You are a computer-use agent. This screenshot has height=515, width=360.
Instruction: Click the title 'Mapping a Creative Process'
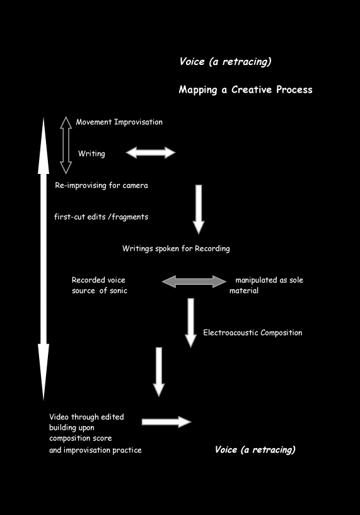click(x=245, y=90)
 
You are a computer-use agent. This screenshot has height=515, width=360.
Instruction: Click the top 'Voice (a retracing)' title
click(x=225, y=61)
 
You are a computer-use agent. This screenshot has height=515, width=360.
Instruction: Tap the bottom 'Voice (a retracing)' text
click(x=255, y=449)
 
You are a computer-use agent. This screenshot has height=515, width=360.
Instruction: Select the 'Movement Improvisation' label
click(x=119, y=122)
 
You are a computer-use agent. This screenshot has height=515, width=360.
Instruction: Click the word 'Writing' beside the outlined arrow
click(x=91, y=154)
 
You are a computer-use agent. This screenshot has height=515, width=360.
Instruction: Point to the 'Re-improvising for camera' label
click(x=102, y=185)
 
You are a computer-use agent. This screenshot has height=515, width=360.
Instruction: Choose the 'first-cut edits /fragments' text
click(x=101, y=217)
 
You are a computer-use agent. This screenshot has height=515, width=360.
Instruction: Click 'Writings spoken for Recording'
click(x=176, y=248)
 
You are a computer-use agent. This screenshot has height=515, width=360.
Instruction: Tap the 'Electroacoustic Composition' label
click(x=253, y=333)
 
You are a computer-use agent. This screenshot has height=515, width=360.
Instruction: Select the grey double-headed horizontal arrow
click(x=194, y=282)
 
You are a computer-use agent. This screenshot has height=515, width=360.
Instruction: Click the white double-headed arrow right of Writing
click(x=151, y=153)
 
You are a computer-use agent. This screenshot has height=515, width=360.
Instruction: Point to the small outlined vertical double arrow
click(x=66, y=145)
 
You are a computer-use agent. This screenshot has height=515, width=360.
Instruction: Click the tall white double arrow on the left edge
click(x=44, y=259)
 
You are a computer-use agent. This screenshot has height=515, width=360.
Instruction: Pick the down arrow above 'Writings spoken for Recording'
click(x=199, y=209)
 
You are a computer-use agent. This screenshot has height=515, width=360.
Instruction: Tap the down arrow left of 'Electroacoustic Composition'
click(x=190, y=323)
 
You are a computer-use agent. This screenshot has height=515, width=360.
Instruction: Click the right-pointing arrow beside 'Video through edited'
click(x=166, y=422)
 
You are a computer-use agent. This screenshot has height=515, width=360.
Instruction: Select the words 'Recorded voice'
click(x=98, y=280)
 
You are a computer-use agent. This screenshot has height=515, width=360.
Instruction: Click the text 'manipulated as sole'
click(x=269, y=280)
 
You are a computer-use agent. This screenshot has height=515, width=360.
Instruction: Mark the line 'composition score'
click(x=81, y=439)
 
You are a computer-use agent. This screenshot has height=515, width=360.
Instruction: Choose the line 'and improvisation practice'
click(x=95, y=450)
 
